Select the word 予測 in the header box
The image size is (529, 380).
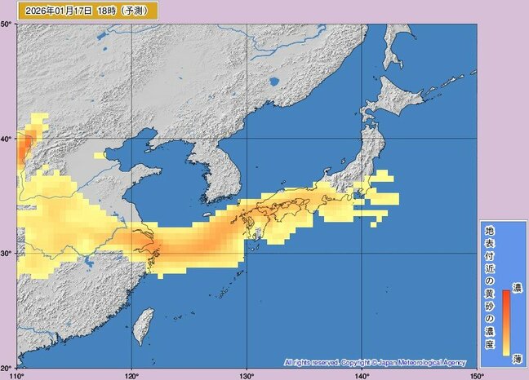pos(135,11)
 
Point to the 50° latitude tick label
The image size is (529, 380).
pos(7,24)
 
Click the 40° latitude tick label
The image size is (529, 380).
pos(7,139)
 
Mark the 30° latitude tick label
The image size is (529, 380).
pos(7,253)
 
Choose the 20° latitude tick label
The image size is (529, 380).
pos(7,367)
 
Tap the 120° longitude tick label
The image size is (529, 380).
pos(131,374)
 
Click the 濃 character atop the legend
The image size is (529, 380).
pos(516,289)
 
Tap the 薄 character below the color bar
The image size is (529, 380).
pos(516,360)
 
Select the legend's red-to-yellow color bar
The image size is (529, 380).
pos(506,323)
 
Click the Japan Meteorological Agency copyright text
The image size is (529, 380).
pos(376,361)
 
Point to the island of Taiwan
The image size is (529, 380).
pos(148,322)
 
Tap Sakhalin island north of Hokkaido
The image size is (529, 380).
pos(400,45)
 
